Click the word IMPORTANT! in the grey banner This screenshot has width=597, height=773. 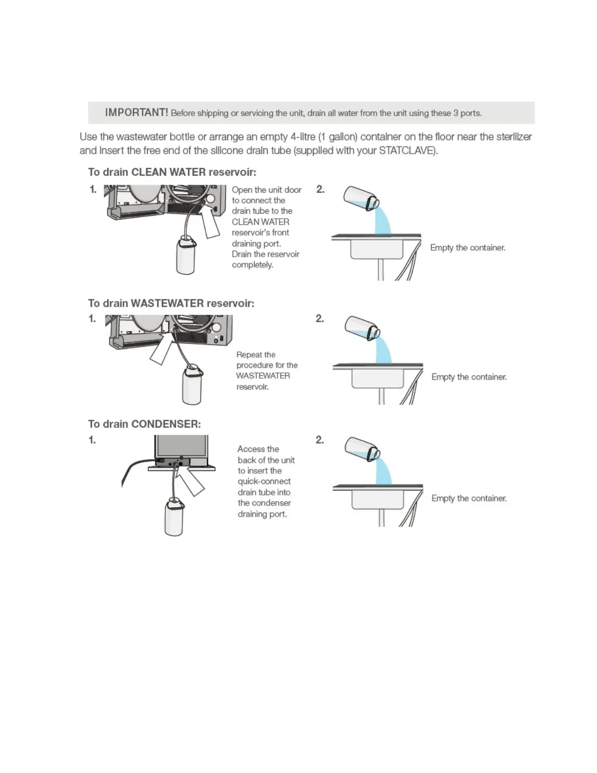(x=136, y=113)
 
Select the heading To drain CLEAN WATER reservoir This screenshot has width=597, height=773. (x=172, y=172)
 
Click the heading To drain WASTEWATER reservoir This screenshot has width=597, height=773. (x=171, y=304)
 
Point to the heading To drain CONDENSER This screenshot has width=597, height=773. (x=144, y=424)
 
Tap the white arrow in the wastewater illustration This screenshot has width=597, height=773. (x=163, y=347)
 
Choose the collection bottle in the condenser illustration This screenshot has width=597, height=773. (x=174, y=517)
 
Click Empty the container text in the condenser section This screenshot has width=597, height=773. (x=469, y=498)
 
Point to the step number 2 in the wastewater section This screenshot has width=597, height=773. (x=320, y=319)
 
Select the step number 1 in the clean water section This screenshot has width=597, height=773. (x=93, y=189)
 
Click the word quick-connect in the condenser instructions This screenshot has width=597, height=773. (x=264, y=481)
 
